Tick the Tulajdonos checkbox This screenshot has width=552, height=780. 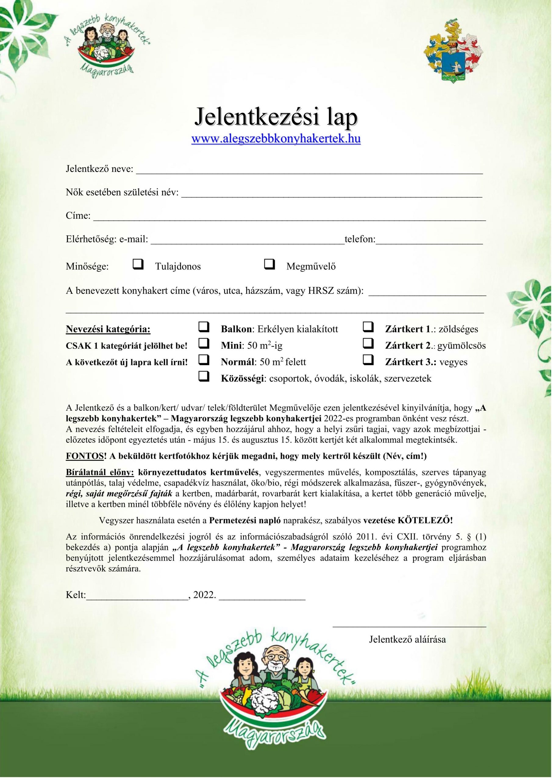click(138, 264)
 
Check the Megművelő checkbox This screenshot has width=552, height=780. click(269, 264)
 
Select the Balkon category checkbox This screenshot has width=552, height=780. click(204, 328)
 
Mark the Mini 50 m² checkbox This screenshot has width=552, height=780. click(204, 344)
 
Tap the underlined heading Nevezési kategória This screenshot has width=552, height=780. click(108, 329)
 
